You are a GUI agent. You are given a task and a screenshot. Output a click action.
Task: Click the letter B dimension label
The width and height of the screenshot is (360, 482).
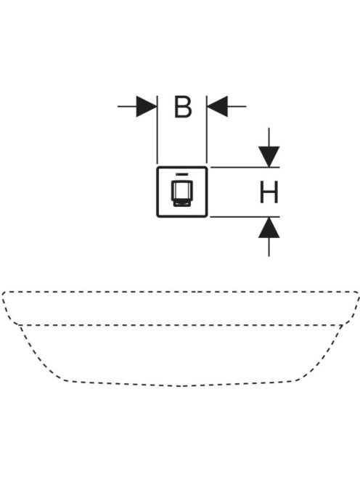coord(183,107)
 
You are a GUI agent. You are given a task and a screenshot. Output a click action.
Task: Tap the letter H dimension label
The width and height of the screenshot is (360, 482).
coord(269,192)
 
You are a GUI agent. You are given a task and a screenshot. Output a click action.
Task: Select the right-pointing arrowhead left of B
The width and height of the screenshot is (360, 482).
coord(147,107)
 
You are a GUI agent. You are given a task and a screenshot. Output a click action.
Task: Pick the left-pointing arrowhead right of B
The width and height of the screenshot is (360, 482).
coord(217,107)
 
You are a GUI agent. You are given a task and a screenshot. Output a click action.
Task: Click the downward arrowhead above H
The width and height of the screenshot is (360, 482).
coord(269,157)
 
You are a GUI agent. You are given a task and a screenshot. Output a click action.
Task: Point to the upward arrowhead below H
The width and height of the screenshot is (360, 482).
coord(269,227)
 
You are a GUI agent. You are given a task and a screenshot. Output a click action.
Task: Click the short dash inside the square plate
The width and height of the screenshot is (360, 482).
coord(182,174)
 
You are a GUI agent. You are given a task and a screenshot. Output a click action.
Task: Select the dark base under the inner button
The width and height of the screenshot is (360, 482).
coord(182,203)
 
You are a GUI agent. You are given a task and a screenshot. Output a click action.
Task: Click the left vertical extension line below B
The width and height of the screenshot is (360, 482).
coord(157,130)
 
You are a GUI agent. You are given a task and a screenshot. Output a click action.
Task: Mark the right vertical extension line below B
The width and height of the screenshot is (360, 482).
coord(207,130)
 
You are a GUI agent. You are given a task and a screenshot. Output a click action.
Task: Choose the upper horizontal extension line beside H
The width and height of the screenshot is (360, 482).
coord(245,168)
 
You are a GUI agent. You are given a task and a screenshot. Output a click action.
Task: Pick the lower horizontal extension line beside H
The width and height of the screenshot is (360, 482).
coord(245,217)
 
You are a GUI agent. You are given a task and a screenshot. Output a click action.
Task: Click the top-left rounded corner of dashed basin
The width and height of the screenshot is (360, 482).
coord(4,293)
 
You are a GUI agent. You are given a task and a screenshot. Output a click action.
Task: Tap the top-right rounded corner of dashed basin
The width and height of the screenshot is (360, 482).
coord(356,293)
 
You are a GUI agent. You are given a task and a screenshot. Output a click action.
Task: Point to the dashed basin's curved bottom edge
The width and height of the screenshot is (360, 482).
coord(180,385)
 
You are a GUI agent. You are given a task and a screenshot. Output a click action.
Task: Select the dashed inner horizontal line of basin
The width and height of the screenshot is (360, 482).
coord(181,325)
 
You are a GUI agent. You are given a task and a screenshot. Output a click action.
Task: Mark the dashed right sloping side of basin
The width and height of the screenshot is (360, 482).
coord(322,354)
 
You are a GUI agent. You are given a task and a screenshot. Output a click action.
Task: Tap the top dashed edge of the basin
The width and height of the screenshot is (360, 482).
coord(180,291)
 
